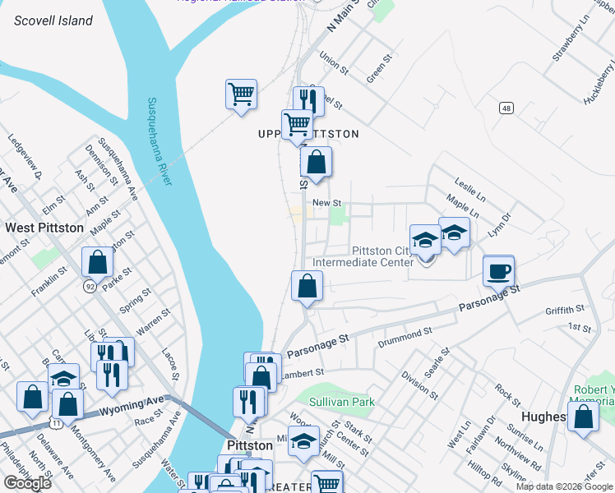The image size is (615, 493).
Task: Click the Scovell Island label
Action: click(x=53, y=21)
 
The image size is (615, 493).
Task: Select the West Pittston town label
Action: click(x=44, y=228)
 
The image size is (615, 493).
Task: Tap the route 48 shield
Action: click(x=506, y=108)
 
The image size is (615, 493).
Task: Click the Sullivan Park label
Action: click(x=342, y=402)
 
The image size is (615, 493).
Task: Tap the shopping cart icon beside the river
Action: click(x=241, y=94)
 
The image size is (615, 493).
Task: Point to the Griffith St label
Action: click(x=564, y=310)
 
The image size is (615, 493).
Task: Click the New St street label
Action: click(x=326, y=202)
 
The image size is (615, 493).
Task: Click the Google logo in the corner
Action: click(x=28, y=483)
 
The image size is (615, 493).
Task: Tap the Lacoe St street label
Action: click(x=170, y=362)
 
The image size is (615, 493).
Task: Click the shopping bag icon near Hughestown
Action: click(x=583, y=417)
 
